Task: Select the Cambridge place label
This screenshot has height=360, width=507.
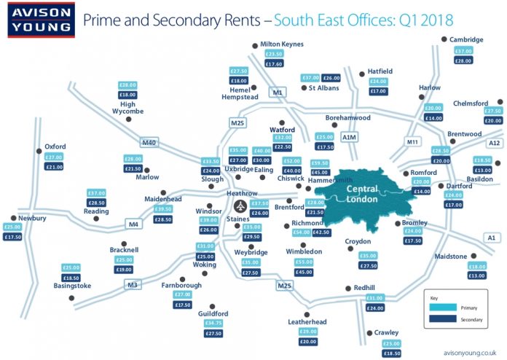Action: pyautogui.click(x=466, y=39)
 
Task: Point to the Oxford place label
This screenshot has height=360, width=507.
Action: pyautogui.click(x=55, y=146)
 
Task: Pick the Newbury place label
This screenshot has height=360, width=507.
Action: pyautogui.click(x=33, y=218)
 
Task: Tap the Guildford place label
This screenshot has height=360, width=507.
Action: pyautogui.click(x=213, y=314)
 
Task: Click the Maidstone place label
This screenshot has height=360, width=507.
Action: pyautogui.click(x=457, y=257)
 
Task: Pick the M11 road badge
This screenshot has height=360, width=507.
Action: pyautogui.click(x=412, y=141)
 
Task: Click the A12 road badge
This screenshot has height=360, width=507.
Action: pyautogui.click(x=495, y=143)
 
